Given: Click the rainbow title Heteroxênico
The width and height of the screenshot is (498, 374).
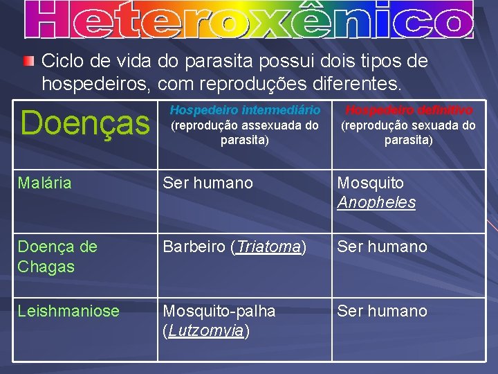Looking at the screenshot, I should click(249, 19).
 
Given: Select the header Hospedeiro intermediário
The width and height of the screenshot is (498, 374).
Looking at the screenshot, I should click(245, 110).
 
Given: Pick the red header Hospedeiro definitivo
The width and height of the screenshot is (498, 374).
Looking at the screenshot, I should click(409, 110).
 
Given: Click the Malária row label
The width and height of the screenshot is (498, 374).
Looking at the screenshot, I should click(44, 184).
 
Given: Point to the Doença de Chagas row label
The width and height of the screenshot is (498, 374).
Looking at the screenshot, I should click(57, 256).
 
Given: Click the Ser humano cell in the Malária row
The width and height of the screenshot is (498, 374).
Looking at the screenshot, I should click(207, 184).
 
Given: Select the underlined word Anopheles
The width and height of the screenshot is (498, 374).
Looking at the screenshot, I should click(376, 203).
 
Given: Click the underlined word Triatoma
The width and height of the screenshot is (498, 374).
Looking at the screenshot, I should click(268, 247).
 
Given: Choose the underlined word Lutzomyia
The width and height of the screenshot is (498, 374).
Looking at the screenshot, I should click(205, 331).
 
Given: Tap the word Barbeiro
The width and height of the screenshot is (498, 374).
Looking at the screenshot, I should click(195, 247).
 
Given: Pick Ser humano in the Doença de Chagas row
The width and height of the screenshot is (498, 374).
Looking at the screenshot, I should click(382, 247).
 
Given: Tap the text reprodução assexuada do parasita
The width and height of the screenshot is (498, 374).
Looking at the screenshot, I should click(245, 133).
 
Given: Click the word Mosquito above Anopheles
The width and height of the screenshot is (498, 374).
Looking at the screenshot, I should click(370, 184).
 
